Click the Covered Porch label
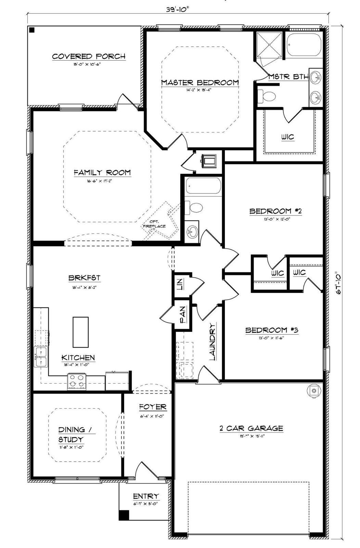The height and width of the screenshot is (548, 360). tap(89, 57)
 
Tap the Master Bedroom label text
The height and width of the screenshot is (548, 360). tap(200, 83)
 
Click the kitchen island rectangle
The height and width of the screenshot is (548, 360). tap(80, 332)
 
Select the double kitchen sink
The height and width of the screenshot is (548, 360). tap(40, 357)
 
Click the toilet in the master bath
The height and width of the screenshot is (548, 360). tap(267, 96)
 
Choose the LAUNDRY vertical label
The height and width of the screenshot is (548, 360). tap(212, 341)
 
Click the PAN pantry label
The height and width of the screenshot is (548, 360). tap(183, 315)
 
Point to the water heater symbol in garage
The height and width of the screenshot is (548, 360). tap(313, 391)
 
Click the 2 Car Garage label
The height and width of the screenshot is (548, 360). tap(251, 428)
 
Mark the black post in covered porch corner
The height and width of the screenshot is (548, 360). tap(32, 30)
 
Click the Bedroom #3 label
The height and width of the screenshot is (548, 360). tap(272, 330)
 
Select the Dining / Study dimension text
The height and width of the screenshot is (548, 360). tap(71, 447)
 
